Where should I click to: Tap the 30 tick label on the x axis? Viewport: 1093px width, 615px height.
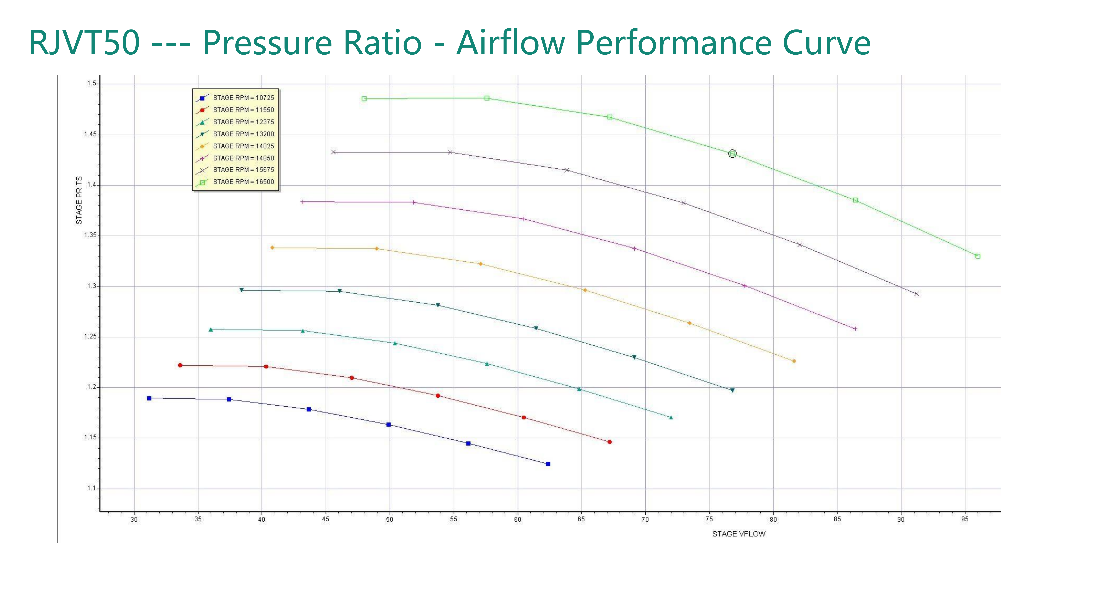pos(134,519)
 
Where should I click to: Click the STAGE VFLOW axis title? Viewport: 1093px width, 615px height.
pos(739,534)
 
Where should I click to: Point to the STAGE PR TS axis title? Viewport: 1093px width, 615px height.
pos(79,200)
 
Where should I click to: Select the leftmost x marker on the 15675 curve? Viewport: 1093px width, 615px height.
pos(334,152)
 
